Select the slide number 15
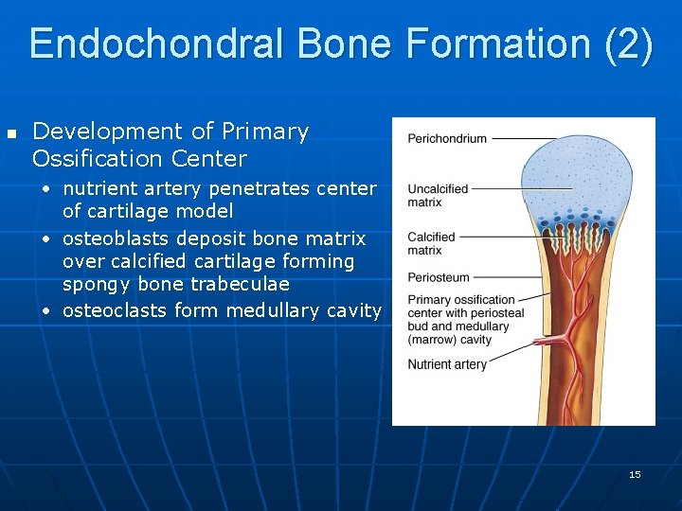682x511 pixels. tap(635, 474)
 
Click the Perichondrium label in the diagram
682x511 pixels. tap(447, 138)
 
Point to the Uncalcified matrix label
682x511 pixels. tap(438, 195)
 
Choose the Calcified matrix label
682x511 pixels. tap(431, 243)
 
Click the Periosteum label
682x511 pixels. tap(437, 277)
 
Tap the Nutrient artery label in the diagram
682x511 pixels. tap(447, 364)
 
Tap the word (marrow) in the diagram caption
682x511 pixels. tap(430, 340)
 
